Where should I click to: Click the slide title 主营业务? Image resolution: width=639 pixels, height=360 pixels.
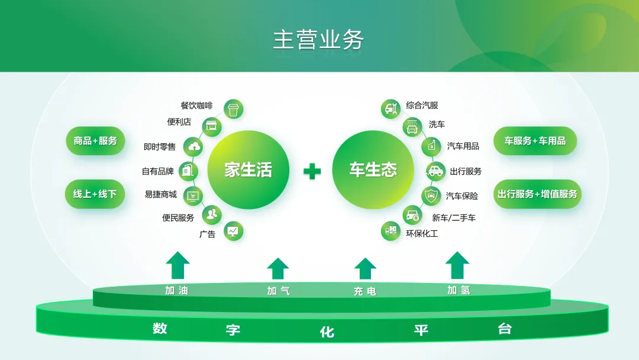pos(318,40)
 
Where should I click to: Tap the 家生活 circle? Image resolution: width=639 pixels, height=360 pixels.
pos(248,170)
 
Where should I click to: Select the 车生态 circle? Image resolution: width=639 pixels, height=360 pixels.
pos(373,170)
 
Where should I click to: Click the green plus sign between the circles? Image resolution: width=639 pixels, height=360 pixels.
pos(312,172)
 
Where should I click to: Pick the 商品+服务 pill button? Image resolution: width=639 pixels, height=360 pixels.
pos(95,141)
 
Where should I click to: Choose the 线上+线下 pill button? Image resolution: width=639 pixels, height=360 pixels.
pos(95,194)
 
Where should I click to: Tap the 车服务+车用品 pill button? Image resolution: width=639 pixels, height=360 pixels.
pos(535,141)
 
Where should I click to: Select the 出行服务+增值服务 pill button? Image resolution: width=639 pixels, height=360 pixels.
pos(537,194)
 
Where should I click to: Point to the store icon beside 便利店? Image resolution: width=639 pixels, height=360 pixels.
pos(211,125)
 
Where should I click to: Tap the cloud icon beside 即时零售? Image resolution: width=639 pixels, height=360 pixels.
pos(194,146)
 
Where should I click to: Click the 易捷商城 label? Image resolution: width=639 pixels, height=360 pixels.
pos(160,194)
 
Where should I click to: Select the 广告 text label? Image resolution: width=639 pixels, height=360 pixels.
pos(207,234)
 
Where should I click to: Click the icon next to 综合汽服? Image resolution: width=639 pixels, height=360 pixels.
pos(390,108)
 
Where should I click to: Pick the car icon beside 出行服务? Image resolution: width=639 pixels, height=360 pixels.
pos(435,171)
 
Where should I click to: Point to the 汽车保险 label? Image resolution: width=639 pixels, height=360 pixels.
pos(461,196)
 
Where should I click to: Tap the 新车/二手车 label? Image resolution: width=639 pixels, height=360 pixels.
pos(453,218)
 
